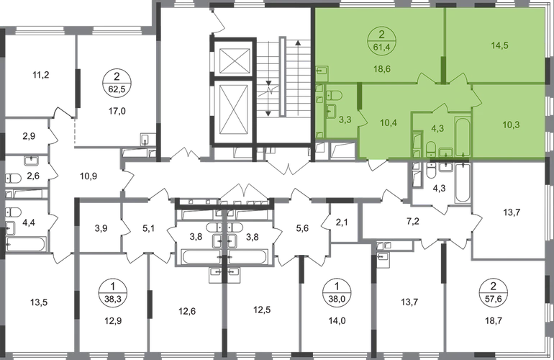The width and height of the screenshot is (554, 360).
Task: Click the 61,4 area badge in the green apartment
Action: pyautogui.click(x=381, y=40)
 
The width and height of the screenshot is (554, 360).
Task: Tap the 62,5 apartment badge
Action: pyautogui.click(x=117, y=82)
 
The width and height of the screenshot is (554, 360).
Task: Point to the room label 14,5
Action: pyautogui.click(x=499, y=45)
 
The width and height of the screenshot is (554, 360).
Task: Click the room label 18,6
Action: pyautogui.click(x=381, y=68)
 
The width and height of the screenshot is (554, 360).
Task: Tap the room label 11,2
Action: pyautogui.click(x=40, y=75)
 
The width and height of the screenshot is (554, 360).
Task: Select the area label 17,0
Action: pyautogui.click(x=117, y=112)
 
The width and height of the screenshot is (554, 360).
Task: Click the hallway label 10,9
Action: pyautogui.click(x=88, y=176)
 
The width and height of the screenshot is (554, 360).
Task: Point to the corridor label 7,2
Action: pyautogui.click(x=413, y=222)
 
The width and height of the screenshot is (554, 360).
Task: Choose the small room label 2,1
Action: pyautogui.click(x=342, y=222)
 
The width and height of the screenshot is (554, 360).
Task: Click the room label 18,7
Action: pyautogui.click(x=494, y=320)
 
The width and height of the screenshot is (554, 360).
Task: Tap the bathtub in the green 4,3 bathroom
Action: pyautogui.click(x=462, y=136)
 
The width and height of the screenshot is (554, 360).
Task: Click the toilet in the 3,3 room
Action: pyautogui.click(x=334, y=96)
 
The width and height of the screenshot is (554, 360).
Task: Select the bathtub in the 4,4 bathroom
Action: pyautogui.click(x=26, y=244)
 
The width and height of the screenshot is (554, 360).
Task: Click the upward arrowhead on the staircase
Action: pyautogui.click(x=298, y=43)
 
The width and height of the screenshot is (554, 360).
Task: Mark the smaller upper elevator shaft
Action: pyautogui.click(x=235, y=59)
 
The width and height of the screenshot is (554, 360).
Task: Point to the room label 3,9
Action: pyautogui.click(x=101, y=228)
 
